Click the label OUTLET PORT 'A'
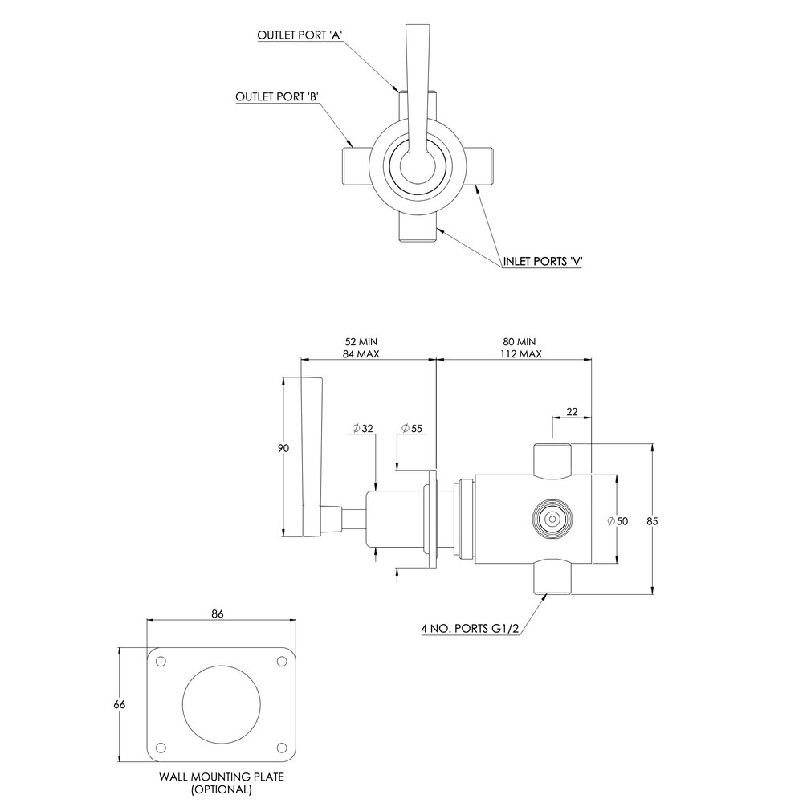(300, 35)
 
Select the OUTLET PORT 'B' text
(278, 96)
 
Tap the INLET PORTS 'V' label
(544, 261)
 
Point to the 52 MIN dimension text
(361, 341)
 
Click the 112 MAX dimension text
(521, 354)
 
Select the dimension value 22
(572, 411)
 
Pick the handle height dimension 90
(283, 448)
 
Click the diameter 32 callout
(363, 428)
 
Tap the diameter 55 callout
(412, 428)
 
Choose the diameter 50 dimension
(618, 521)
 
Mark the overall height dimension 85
(652, 521)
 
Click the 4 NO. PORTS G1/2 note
(470, 628)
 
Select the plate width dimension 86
(218, 613)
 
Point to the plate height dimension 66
(119, 705)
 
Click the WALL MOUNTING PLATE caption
(222, 777)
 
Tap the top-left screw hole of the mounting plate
(161, 662)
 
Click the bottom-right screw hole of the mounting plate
(282, 747)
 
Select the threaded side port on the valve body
(552, 520)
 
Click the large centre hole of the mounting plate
(222, 704)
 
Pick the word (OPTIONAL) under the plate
(222, 789)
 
